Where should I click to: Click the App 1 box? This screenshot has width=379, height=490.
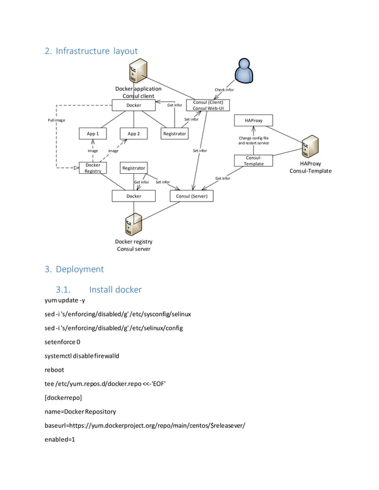coord(93,134)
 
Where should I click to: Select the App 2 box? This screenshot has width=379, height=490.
coord(134,134)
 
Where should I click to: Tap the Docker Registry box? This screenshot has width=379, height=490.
coord(93,168)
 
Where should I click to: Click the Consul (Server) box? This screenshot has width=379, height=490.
coord(191,196)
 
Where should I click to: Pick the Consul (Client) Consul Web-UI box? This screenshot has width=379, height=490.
coord(207,105)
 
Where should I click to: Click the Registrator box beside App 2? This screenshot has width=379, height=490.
coord(174,134)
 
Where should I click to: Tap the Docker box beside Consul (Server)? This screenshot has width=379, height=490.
coord(134,196)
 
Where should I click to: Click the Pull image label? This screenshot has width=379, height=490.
coord(56,120)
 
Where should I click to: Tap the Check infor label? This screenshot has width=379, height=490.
coord(224,90)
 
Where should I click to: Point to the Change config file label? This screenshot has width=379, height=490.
coord(254,138)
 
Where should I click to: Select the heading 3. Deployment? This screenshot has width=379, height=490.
coord(74,269)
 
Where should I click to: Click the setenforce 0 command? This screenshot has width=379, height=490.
coord(62,342)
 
